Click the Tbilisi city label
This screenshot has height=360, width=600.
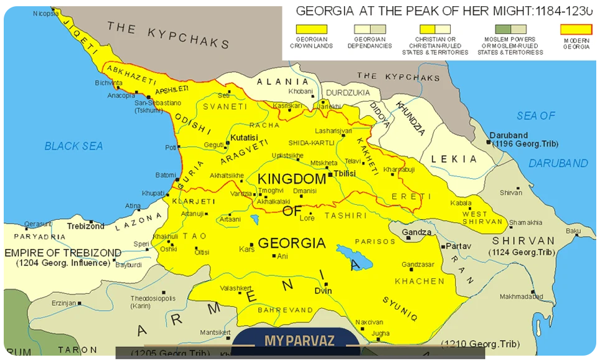344,173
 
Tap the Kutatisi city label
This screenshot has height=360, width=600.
243,137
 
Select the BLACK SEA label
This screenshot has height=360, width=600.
73,146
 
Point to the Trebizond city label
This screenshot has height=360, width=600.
86,226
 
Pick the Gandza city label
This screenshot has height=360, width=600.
416,232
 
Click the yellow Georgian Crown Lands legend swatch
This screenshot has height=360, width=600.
311,29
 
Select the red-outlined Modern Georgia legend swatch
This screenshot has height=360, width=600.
576,29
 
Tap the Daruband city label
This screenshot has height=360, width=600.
509,135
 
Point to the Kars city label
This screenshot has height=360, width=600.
247,249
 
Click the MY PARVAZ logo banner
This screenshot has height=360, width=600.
299,341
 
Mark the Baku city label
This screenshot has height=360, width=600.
573,230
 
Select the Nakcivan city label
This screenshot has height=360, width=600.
370,322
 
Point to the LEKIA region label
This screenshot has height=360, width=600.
454,159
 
